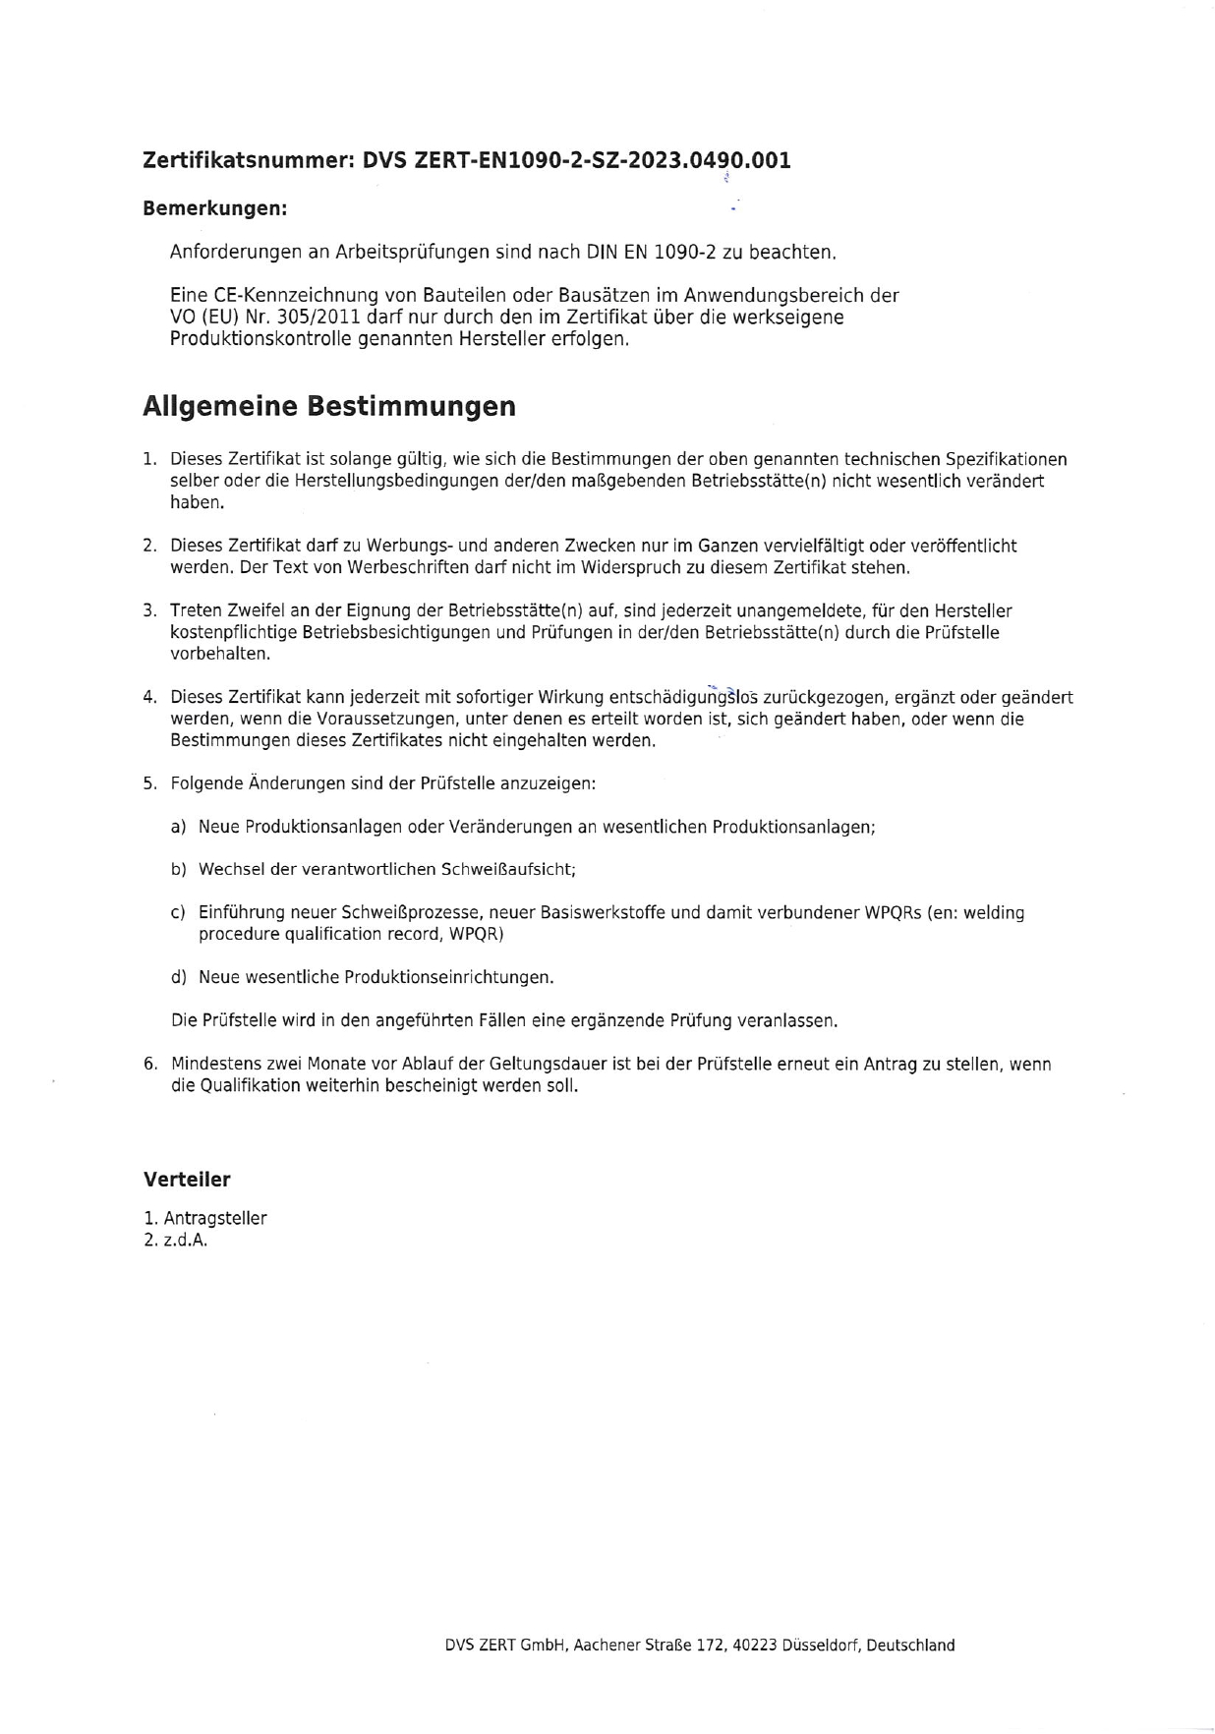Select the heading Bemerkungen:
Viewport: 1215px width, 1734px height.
pos(214,208)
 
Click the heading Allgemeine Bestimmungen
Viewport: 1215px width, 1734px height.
pos(328,406)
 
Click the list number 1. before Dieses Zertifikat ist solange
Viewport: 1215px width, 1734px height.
pos(149,459)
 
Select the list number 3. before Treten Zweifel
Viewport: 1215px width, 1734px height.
pos(149,611)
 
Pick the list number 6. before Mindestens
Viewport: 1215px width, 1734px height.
pos(149,1064)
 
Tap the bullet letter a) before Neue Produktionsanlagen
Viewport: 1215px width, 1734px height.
pos(178,827)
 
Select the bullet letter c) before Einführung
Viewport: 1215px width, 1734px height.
pos(178,912)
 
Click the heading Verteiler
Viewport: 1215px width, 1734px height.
pos(187,1180)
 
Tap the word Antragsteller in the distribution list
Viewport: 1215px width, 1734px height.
pos(215,1219)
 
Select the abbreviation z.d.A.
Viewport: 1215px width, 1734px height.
pos(186,1241)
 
